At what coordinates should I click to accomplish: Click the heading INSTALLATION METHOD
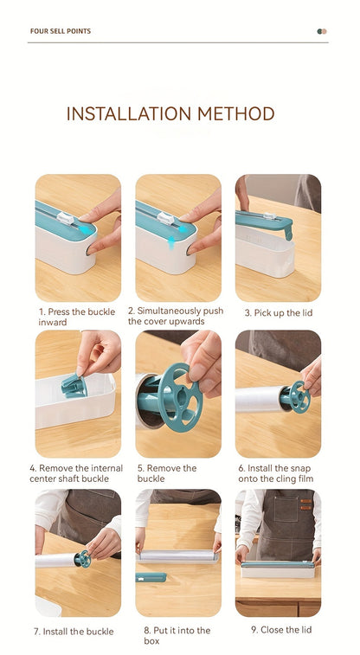(170, 114)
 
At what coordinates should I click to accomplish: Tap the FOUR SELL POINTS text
(61, 31)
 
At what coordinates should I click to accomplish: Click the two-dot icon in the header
(322, 31)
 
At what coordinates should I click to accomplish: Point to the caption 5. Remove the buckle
(167, 472)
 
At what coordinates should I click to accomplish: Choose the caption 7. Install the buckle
(74, 631)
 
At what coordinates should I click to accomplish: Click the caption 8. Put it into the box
(177, 635)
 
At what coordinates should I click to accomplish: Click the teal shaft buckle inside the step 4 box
(74, 385)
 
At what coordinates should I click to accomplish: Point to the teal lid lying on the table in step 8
(151, 576)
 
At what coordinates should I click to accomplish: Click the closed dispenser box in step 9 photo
(277, 569)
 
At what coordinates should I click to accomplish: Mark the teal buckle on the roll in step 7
(82, 559)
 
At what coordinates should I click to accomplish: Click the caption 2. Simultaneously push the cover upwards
(176, 316)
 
